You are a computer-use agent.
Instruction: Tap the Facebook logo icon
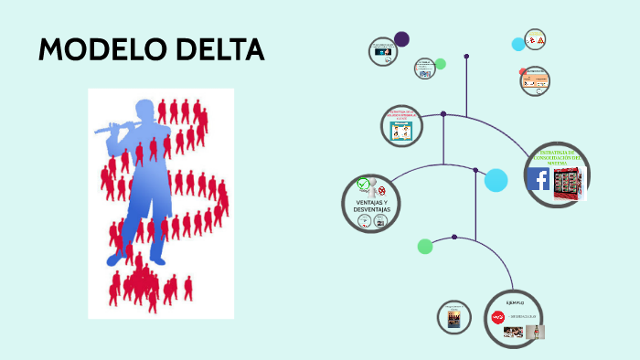[x=539, y=179]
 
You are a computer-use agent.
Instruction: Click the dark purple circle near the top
[x=401, y=39]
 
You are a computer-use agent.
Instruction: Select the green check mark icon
[x=363, y=184]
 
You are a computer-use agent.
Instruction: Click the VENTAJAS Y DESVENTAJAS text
[x=372, y=206]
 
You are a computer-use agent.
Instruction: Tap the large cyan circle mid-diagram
[x=496, y=181]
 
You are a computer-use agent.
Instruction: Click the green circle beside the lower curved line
[x=425, y=246]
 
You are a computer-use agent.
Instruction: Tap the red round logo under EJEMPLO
[x=498, y=318]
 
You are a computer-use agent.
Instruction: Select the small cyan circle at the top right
[x=518, y=44]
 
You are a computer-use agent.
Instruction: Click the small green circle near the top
[x=440, y=64]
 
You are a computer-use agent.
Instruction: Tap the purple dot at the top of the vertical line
[x=466, y=57]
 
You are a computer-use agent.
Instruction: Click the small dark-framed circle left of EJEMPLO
[x=453, y=317]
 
